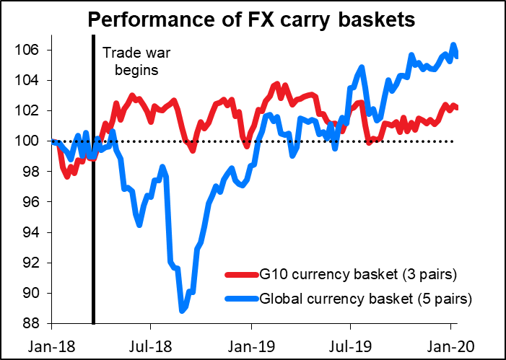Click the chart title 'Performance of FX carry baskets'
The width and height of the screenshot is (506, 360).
click(252, 20)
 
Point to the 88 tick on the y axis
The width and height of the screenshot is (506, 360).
click(32, 323)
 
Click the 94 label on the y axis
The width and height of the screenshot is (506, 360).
click(32, 232)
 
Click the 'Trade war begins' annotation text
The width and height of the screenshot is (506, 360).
click(131, 62)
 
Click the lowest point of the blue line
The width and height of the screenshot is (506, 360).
click(182, 311)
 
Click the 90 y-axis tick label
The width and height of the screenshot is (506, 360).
click(32, 293)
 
